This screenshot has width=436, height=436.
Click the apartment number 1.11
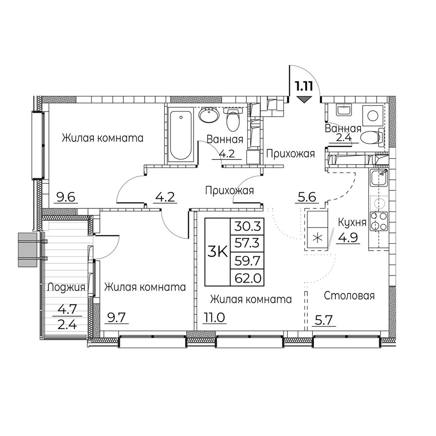click(x=304, y=86)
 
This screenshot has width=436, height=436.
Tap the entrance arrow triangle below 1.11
click(x=304, y=99)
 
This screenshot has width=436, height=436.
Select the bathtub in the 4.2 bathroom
click(x=181, y=135)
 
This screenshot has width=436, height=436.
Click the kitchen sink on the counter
click(x=378, y=178)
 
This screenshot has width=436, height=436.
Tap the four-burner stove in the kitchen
click(x=378, y=221)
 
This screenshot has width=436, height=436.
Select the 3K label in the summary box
click(x=218, y=252)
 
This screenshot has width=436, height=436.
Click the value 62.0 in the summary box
click(x=247, y=277)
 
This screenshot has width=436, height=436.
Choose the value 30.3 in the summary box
click(x=247, y=226)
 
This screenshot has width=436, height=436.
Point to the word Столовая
click(x=349, y=296)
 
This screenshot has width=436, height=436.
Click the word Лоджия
click(x=66, y=287)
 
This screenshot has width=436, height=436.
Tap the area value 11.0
click(x=214, y=317)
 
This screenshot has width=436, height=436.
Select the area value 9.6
click(x=66, y=197)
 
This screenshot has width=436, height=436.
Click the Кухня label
click(x=352, y=222)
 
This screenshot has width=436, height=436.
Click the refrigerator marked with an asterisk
click(x=317, y=230)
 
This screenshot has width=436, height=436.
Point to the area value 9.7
click(x=117, y=317)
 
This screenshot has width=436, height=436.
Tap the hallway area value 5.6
click(x=307, y=197)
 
